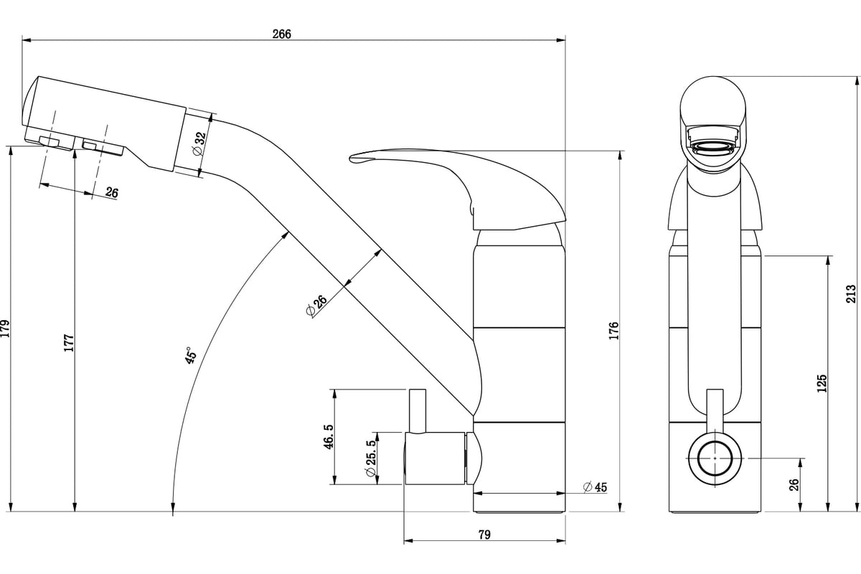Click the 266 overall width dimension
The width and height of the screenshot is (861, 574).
tap(282, 34)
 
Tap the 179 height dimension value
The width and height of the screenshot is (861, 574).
tap(5, 329)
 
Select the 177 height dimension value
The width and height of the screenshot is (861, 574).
tap(69, 342)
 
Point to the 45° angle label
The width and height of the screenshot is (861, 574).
tap(191, 355)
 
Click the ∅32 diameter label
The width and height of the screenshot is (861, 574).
tap(199, 143)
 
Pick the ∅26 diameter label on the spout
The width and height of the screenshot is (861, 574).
tap(316, 306)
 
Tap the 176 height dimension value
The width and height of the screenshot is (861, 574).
tap(614, 331)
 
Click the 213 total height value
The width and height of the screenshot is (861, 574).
tap(851, 293)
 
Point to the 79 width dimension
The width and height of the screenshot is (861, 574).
tap(484, 535)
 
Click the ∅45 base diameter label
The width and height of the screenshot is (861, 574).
tap(595, 487)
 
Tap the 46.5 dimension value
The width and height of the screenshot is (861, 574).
tap(329, 437)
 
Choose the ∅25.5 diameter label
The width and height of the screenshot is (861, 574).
tap(372, 458)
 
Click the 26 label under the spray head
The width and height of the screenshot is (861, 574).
tap(112, 192)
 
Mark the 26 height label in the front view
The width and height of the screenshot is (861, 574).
tap(794, 485)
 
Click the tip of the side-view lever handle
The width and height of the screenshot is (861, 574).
tap(350, 158)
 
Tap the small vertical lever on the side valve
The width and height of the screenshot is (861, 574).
tap(418, 411)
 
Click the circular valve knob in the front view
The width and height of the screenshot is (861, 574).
tap(715, 458)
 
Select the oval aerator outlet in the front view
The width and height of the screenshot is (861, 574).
tap(714, 148)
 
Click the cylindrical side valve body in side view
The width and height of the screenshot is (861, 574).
tap(435, 458)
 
